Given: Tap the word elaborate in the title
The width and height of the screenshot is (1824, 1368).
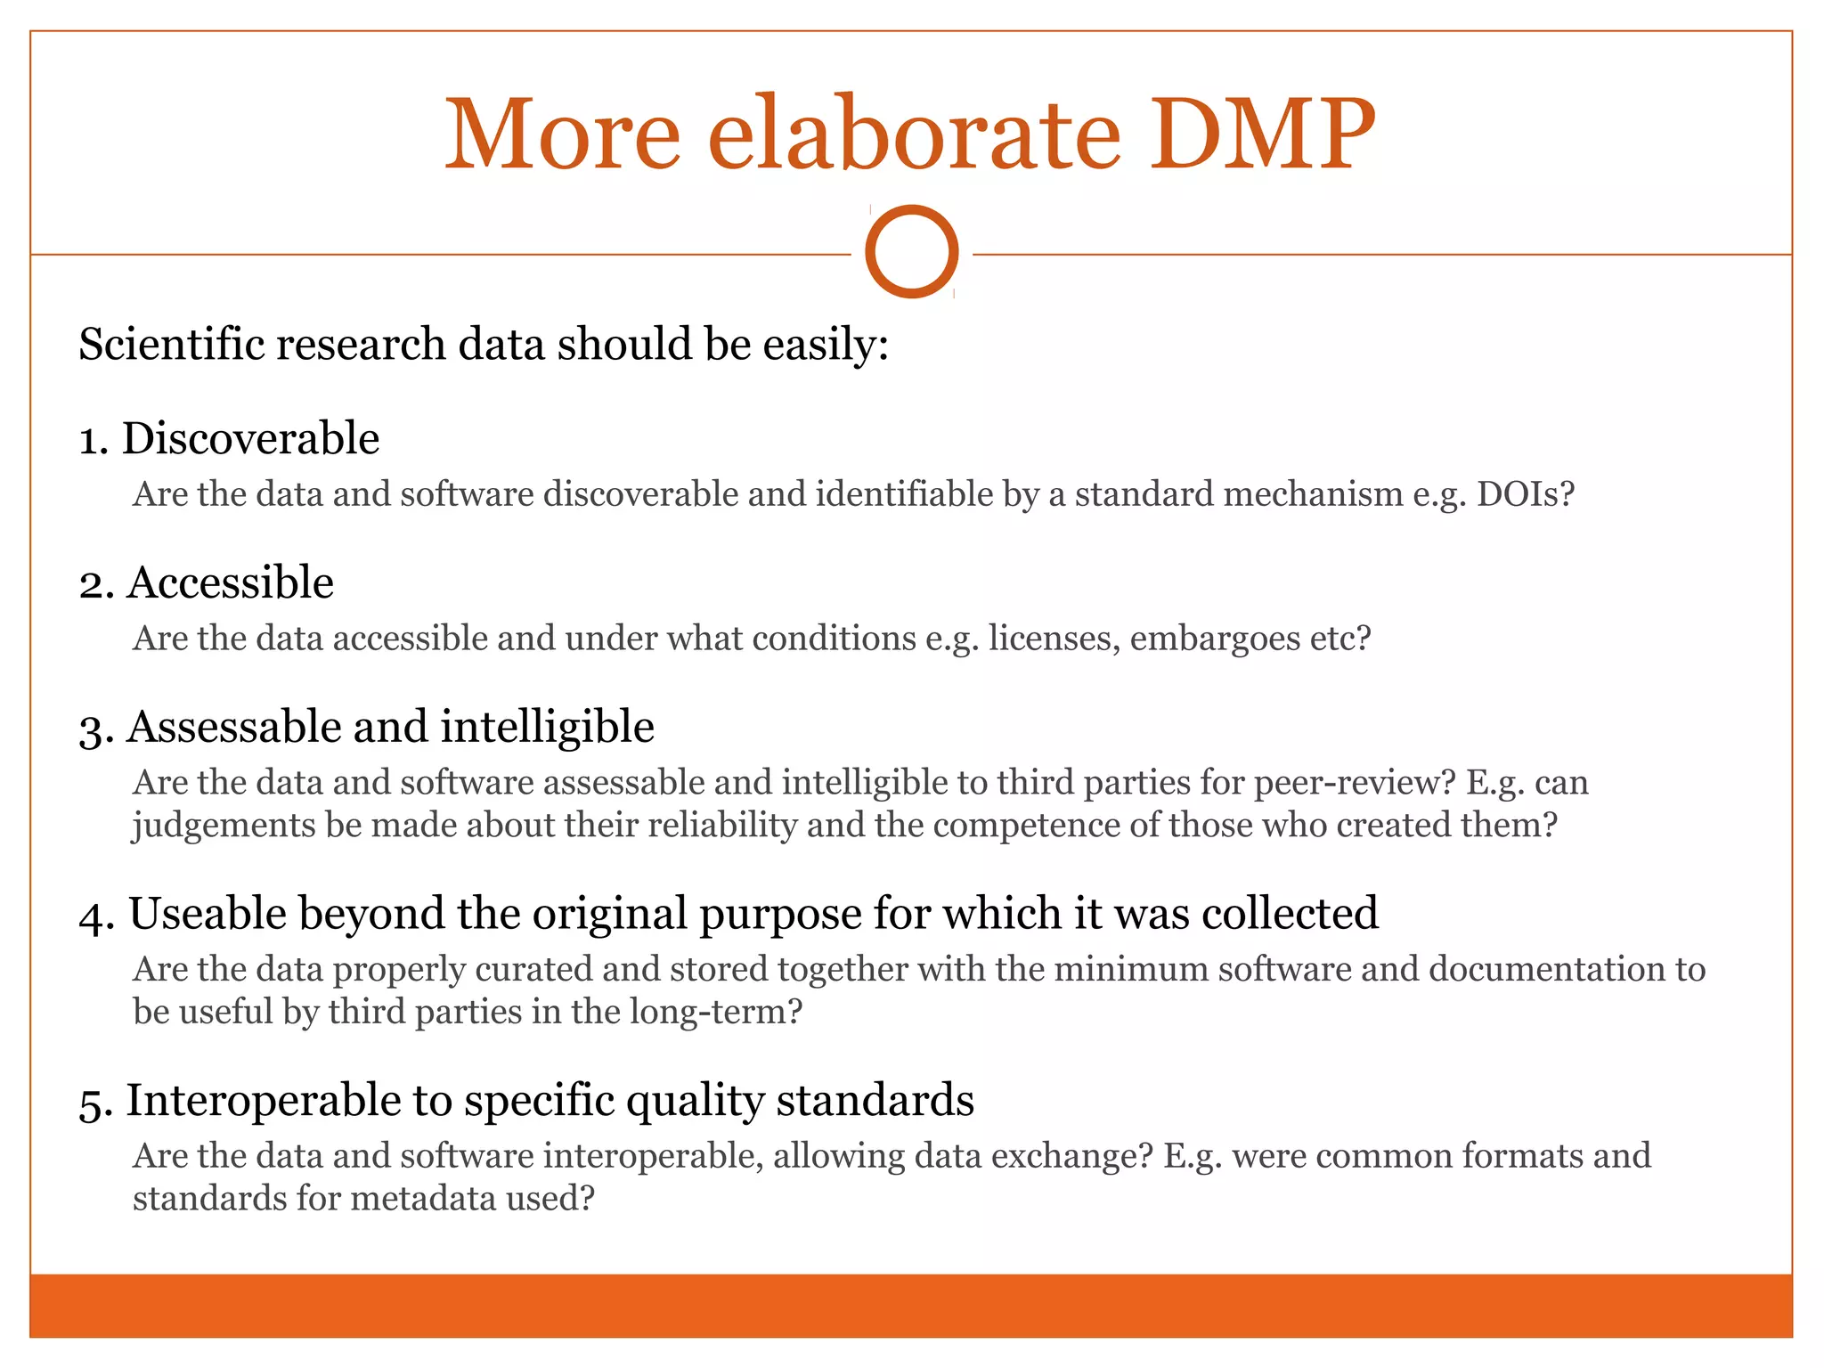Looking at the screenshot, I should [x=913, y=135].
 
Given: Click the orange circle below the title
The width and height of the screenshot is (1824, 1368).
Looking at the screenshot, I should [x=911, y=251].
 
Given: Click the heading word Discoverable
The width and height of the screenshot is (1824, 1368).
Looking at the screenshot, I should [x=250, y=439].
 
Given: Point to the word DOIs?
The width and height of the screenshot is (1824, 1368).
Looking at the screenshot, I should [x=1526, y=494].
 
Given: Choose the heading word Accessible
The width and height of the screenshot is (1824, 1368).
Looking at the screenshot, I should [x=230, y=583].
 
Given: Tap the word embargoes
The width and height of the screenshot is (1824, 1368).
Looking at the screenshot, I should [x=1215, y=639].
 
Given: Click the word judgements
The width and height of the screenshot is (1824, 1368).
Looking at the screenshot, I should [x=223, y=826].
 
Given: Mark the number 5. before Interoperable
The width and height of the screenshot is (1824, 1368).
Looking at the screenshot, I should [x=94, y=1104].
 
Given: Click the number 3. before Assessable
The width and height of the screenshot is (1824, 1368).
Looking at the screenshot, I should [x=94, y=730].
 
